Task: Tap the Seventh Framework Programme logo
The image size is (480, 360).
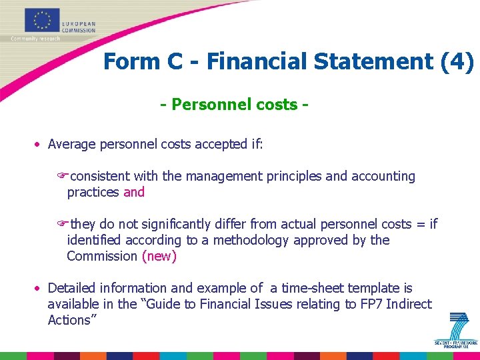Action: point(457,331)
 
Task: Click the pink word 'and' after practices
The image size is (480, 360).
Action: point(134,192)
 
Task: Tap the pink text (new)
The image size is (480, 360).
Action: point(159,256)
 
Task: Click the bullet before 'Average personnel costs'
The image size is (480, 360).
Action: point(39,145)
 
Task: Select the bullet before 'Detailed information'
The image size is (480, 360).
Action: point(39,289)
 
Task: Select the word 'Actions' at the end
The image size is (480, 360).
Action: point(69,320)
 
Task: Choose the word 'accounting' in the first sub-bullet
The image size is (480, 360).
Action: point(383,176)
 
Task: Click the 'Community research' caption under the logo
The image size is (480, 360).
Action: point(35,39)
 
